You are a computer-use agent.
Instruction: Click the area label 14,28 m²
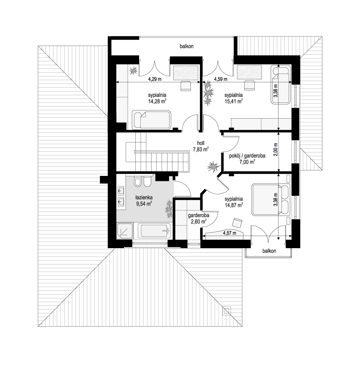157,101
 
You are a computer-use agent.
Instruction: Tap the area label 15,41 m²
233,101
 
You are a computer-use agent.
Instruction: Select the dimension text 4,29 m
155,79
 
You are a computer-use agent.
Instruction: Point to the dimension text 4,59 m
221,79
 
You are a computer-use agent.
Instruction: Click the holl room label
200,143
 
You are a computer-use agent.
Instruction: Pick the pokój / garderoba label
247,156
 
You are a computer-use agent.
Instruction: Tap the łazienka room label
144,198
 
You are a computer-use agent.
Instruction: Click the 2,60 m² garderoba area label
198,222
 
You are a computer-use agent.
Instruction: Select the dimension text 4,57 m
229,233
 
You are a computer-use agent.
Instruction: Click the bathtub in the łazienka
154,231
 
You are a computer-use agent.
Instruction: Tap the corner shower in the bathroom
125,231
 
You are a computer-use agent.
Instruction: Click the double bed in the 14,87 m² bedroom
271,200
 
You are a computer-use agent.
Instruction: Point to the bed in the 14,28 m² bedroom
152,120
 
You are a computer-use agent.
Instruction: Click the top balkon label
186,46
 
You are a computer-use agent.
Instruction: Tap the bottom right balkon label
269,251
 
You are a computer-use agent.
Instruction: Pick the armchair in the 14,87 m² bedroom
237,222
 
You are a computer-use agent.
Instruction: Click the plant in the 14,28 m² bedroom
133,70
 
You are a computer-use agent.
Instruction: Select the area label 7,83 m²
200,149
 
